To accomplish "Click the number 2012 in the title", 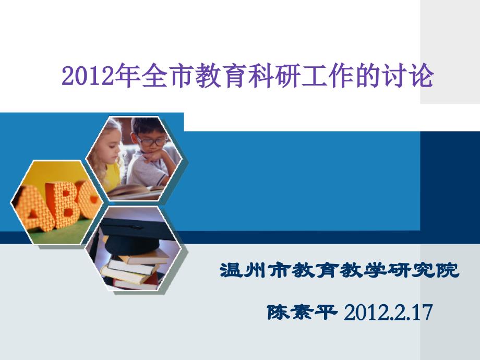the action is tap(88, 76).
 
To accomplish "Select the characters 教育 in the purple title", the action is tap(208, 75).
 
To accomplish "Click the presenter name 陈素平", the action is tap(303, 312).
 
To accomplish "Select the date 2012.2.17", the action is tap(388, 313).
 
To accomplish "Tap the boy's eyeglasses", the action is tap(152, 141).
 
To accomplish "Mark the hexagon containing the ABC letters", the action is tap(57, 202).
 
